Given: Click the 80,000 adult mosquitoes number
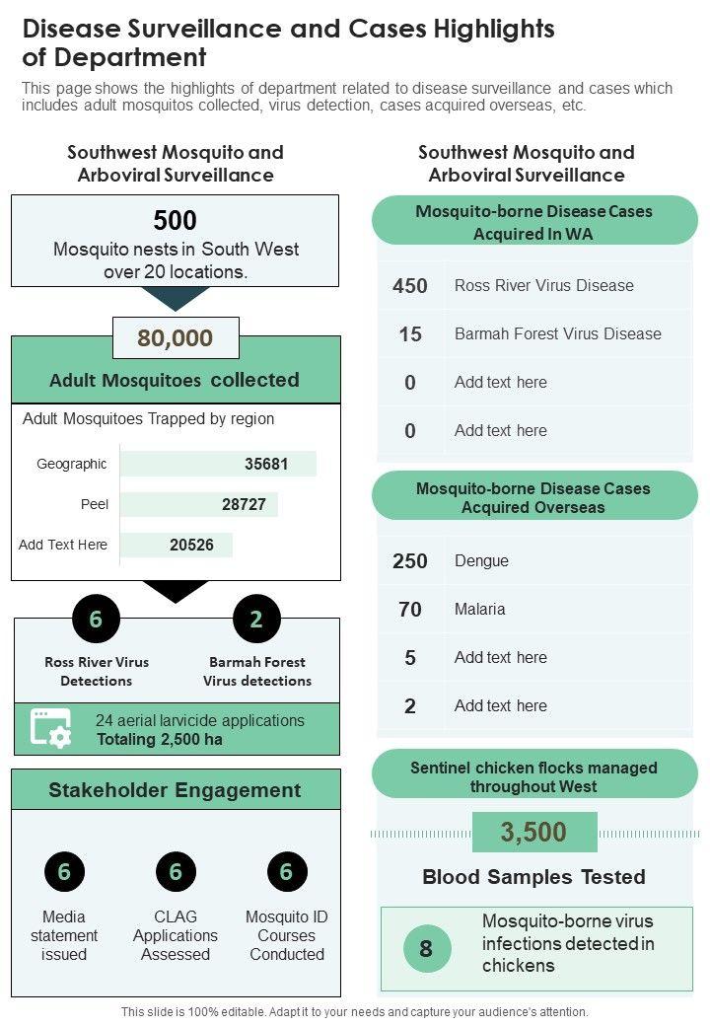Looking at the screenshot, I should point(176,338).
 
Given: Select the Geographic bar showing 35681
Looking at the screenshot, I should point(218,464).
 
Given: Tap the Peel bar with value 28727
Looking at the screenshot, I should point(199,504).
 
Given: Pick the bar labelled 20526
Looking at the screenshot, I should point(177,545).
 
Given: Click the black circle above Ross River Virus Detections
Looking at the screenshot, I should point(96,620).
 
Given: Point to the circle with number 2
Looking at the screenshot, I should point(256,620).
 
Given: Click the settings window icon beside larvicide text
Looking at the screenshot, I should point(51,729).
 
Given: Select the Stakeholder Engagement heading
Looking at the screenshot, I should point(176,790).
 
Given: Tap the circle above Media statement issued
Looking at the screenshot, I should point(64,872).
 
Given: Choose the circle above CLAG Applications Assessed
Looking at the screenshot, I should point(176,872).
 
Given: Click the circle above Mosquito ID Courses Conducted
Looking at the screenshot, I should point(287,872).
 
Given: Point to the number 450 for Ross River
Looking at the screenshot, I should point(410,286).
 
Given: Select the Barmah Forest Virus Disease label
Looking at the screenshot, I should point(557,333).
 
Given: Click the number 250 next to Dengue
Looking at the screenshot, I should point(410,561).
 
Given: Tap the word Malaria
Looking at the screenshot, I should point(480,609).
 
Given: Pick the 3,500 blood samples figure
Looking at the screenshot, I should point(533,833).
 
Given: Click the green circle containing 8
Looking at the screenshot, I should point(426,949).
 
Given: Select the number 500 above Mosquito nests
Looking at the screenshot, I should point(176,220).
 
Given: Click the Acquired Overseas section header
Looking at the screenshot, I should point(533,497).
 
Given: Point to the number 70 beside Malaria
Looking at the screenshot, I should point(410,610).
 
